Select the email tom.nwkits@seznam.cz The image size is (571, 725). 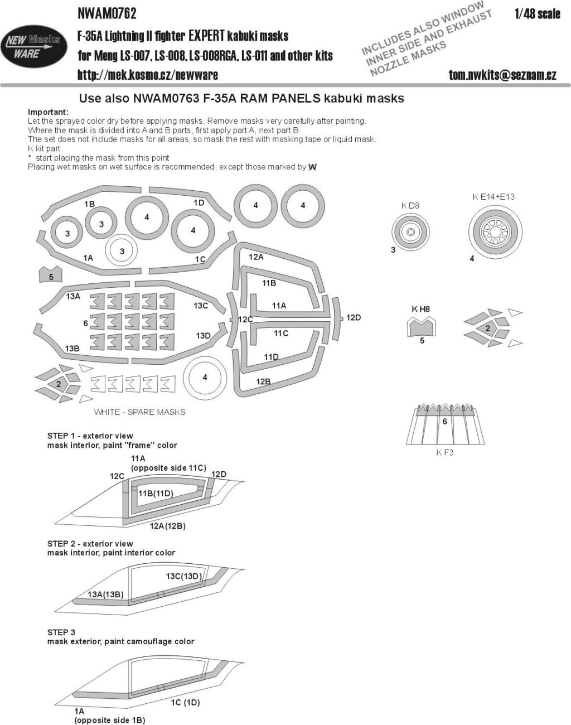[x=502, y=74]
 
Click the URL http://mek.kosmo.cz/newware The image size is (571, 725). [x=147, y=74]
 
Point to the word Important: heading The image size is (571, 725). [x=48, y=112]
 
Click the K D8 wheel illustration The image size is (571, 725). [x=410, y=231]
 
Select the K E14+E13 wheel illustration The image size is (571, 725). [x=496, y=230]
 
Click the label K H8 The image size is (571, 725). [x=420, y=308]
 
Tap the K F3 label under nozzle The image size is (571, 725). [x=444, y=452]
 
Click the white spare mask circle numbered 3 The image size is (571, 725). [x=122, y=252]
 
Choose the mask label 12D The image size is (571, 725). [x=353, y=317]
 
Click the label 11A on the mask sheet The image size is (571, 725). [x=279, y=306]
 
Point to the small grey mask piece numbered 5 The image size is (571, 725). [x=51, y=276]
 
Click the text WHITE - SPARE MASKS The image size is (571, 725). [x=139, y=412]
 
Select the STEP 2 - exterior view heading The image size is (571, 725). [x=90, y=543]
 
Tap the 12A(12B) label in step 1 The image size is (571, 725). [x=167, y=526]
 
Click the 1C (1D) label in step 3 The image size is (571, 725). [x=185, y=704]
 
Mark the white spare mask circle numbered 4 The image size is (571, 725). [x=205, y=378]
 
